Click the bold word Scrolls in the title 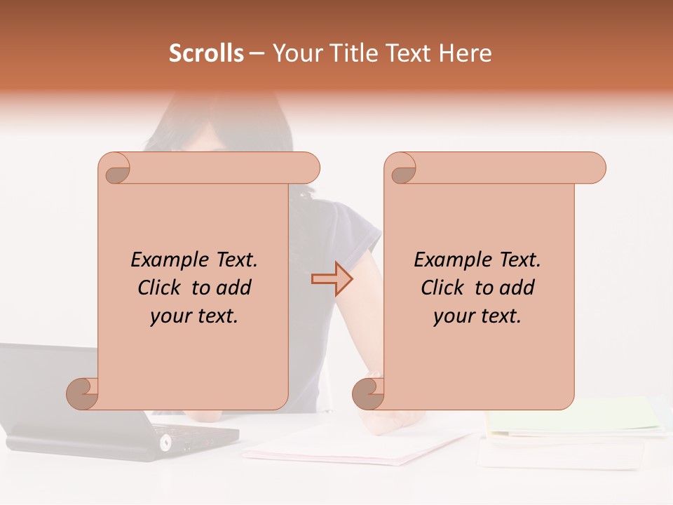206,53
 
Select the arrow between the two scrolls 332,279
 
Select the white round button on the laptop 166,442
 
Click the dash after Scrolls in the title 257,54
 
